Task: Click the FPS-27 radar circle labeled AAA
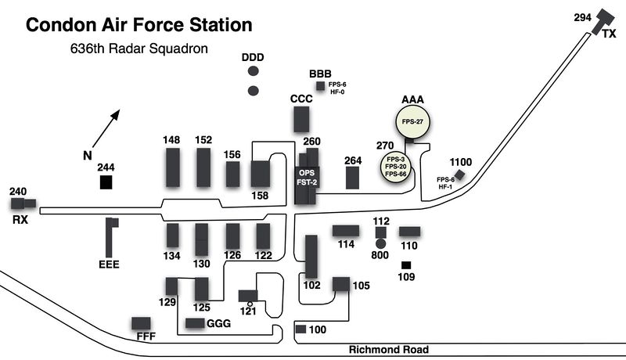point(412,123)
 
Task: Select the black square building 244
point(106,182)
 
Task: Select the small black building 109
point(406,265)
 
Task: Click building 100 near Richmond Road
point(300,329)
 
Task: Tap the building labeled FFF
point(141,323)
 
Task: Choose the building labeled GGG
point(194,323)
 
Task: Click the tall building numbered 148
point(172,166)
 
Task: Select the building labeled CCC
point(301,119)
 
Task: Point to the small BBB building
point(319,85)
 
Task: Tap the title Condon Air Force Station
point(139,25)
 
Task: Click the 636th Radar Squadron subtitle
point(139,49)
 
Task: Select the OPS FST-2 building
point(306,178)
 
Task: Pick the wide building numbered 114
point(345,231)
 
